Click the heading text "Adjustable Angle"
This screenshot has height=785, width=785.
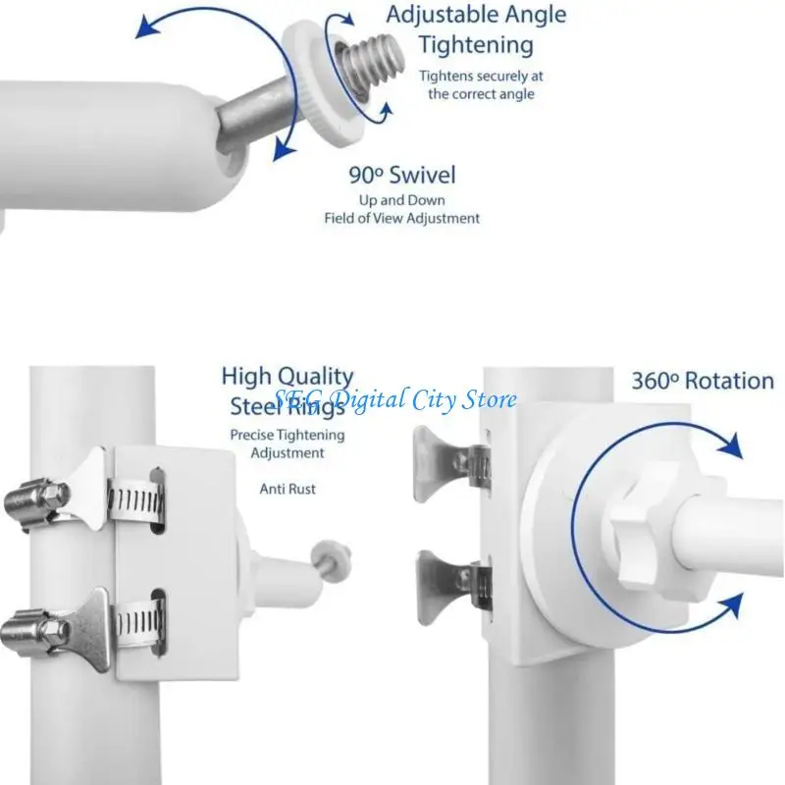(476, 15)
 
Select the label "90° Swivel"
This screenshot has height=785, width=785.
(402, 175)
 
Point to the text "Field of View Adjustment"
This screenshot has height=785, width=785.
(402, 218)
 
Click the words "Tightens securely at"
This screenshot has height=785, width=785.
(481, 77)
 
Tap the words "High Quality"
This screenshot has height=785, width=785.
(288, 376)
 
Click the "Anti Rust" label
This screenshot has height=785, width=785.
(288, 489)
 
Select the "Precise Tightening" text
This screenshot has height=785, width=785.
(288, 435)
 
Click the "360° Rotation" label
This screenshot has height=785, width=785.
(703, 381)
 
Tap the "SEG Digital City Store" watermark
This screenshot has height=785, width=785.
(395, 400)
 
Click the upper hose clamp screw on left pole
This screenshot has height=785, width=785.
(36, 502)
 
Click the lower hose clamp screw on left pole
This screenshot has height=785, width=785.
(34, 633)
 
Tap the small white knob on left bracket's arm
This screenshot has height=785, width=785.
(331, 560)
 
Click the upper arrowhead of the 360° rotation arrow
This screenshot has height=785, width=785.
(731, 445)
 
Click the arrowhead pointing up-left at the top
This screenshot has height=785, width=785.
(147, 26)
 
